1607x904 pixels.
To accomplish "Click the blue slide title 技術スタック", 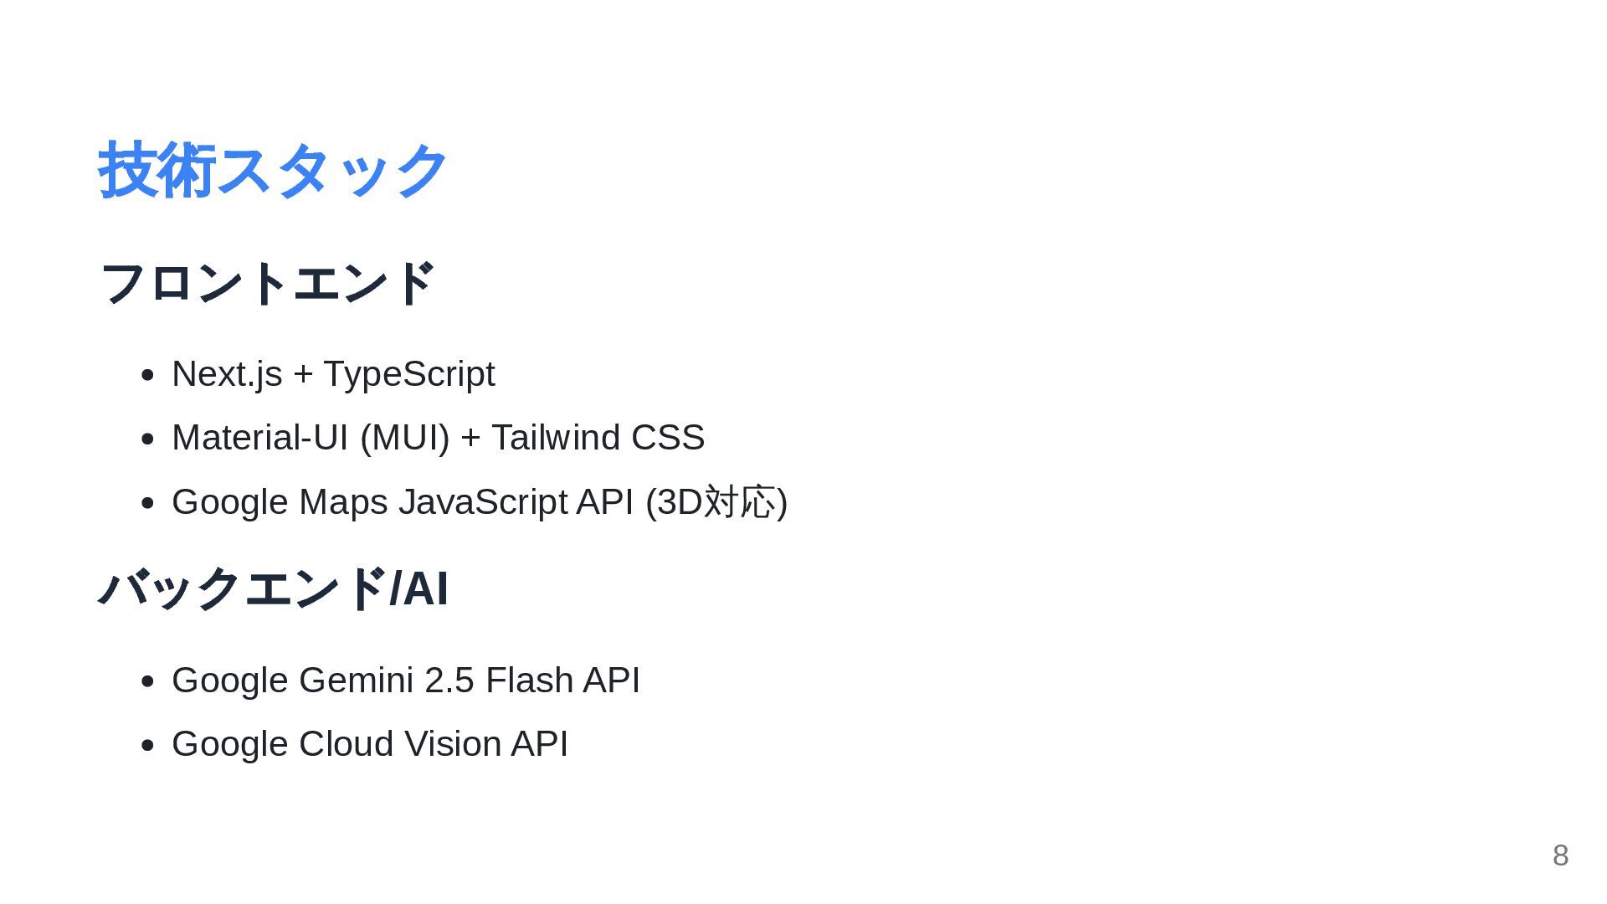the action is click(x=273, y=171).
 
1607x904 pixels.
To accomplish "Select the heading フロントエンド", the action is click(x=267, y=283).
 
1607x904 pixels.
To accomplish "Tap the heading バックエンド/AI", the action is click(x=274, y=588).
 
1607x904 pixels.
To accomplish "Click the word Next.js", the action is click(x=227, y=374).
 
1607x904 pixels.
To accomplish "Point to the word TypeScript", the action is click(x=409, y=374).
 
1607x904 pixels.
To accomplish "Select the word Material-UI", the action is click(x=259, y=438).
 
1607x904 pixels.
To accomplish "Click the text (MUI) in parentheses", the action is click(x=405, y=438).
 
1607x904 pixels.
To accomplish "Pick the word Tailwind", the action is click(x=556, y=438).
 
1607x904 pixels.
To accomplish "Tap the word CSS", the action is click(x=668, y=438).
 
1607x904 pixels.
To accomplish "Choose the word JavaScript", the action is click(x=483, y=502).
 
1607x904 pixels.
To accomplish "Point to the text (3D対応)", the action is click(x=716, y=502).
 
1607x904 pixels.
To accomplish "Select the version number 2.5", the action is click(x=449, y=681).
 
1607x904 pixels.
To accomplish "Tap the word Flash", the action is click(x=529, y=681).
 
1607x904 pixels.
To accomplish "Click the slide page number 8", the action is click(x=1560, y=855).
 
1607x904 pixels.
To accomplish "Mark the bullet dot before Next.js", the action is click(x=148, y=375).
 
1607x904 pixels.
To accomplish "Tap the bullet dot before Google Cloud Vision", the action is click(x=148, y=745).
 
